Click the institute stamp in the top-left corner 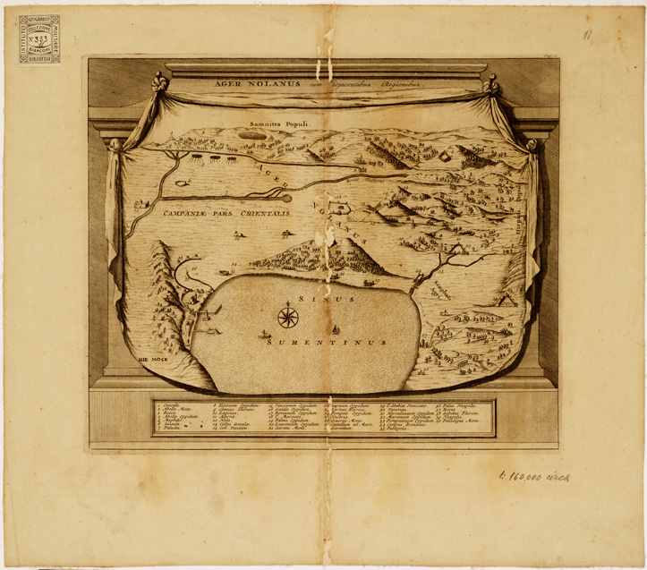[x=39, y=38]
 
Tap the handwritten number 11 [x=587, y=35]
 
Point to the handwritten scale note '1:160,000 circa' [x=534, y=475]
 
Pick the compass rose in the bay [x=288, y=316]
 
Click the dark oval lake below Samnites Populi [x=253, y=135]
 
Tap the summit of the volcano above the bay [x=333, y=242]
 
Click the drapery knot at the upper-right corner [x=490, y=87]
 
